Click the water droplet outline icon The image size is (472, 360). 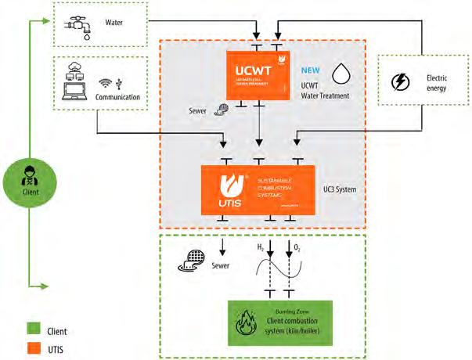click(341, 73)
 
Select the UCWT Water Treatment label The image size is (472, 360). click(324, 89)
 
